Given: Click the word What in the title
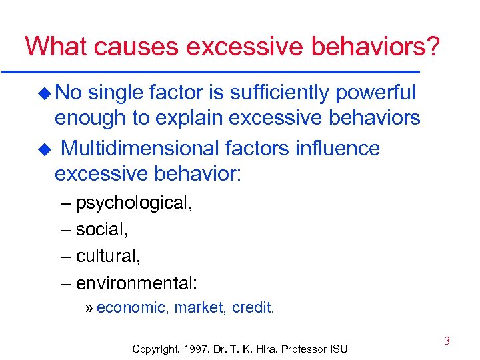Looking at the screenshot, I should pyautogui.click(x=57, y=46).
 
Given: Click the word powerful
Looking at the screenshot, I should pyautogui.click(x=377, y=93).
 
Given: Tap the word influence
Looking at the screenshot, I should pyautogui.click(x=333, y=147).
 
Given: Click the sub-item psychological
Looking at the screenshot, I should pyautogui.click(x=134, y=203).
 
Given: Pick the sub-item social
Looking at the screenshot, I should pyautogui.click(x=101, y=229).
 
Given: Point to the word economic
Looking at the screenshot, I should pyautogui.click(x=131, y=307).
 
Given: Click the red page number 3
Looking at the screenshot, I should pyautogui.click(x=447, y=341).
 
